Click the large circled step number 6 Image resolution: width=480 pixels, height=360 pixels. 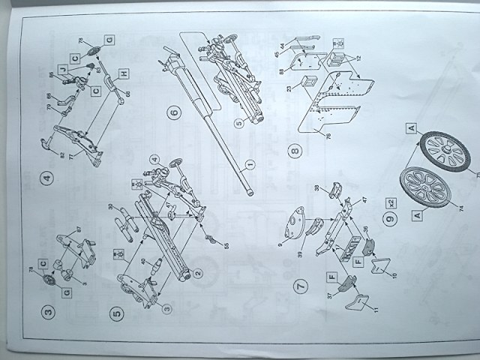pos(173,113)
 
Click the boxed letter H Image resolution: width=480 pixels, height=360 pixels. pos(124,73)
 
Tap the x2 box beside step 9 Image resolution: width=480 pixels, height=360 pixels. pos(391,203)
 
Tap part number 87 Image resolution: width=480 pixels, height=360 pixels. pos(78,229)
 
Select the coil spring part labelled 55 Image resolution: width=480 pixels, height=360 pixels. pos(212,238)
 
